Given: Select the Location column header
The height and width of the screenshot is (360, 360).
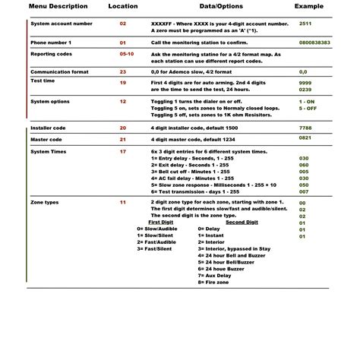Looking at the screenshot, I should point(123,5).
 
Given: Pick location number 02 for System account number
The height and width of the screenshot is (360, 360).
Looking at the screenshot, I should point(123,24).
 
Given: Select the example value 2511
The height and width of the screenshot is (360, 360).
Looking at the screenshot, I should point(305,24).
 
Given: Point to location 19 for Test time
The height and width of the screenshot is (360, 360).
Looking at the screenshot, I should point(123,81).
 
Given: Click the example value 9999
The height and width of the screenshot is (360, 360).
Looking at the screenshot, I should point(305,81).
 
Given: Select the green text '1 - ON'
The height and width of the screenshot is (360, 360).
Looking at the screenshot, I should point(307,100).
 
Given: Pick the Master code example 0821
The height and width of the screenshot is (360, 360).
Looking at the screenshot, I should point(305,139).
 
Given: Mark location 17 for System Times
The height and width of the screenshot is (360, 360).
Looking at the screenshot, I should point(123,152).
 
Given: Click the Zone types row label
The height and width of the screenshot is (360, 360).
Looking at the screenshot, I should point(46,203).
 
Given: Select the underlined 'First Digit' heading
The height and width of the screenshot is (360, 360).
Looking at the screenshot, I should point(158,221).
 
